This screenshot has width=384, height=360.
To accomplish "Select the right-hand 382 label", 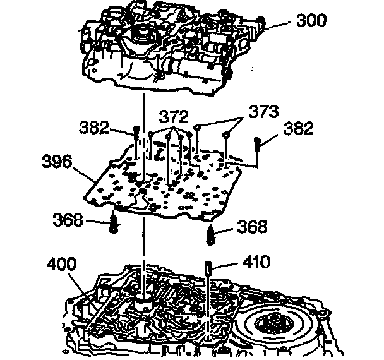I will pos(297,128).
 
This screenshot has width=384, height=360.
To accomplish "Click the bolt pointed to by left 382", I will pos(136,135).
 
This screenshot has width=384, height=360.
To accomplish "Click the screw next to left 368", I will pos(114,223).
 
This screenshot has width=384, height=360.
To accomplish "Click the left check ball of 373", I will pos(198,127).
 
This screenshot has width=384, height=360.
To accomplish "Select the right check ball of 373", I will pos(226,134).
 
